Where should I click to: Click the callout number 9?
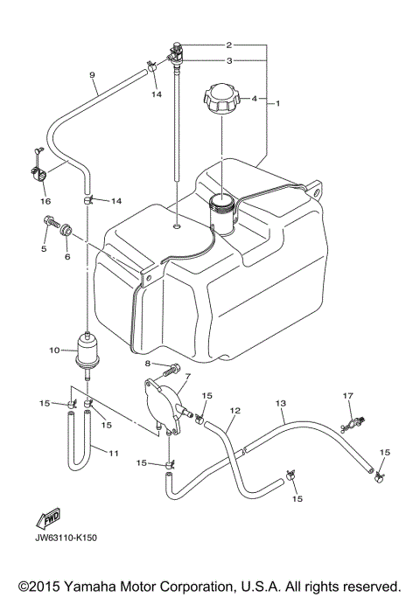(92, 76)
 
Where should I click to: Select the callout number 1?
(277, 104)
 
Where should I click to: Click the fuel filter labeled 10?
(87, 349)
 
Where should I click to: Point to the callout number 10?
(53, 351)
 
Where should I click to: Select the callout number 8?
(149, 363)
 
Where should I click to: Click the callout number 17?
(347, 396)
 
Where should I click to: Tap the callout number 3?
(228, 61)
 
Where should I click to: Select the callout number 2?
(228, 45)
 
